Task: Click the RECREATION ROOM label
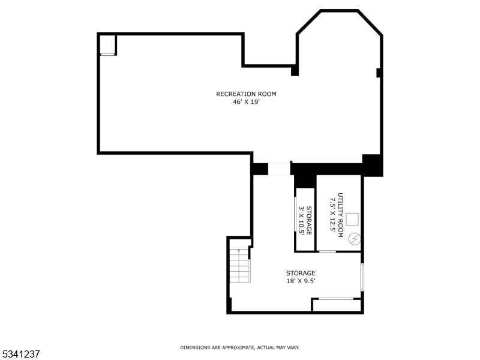tap(246, 94)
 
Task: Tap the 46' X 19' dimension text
tap(246, 102)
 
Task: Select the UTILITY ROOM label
tap(340, 214)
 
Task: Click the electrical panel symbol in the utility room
tap(354, 239)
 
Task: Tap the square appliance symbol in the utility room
tap(352, 218)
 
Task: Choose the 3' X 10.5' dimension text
tap(301, 220)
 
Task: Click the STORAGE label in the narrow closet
tap(309, 220)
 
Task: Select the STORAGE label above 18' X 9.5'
tap(300, 273)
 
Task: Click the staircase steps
tap(240, 267)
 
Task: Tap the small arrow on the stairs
tap(239, 250)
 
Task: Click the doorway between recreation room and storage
tap(279, 169)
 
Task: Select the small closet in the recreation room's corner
tap(107, 45)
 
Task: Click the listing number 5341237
tap(20, 355)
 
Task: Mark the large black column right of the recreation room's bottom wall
tap(372, 165)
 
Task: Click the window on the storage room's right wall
tap(362, 277)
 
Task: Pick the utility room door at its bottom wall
tap(327, 251)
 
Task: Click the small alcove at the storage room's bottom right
tap(337, 305)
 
